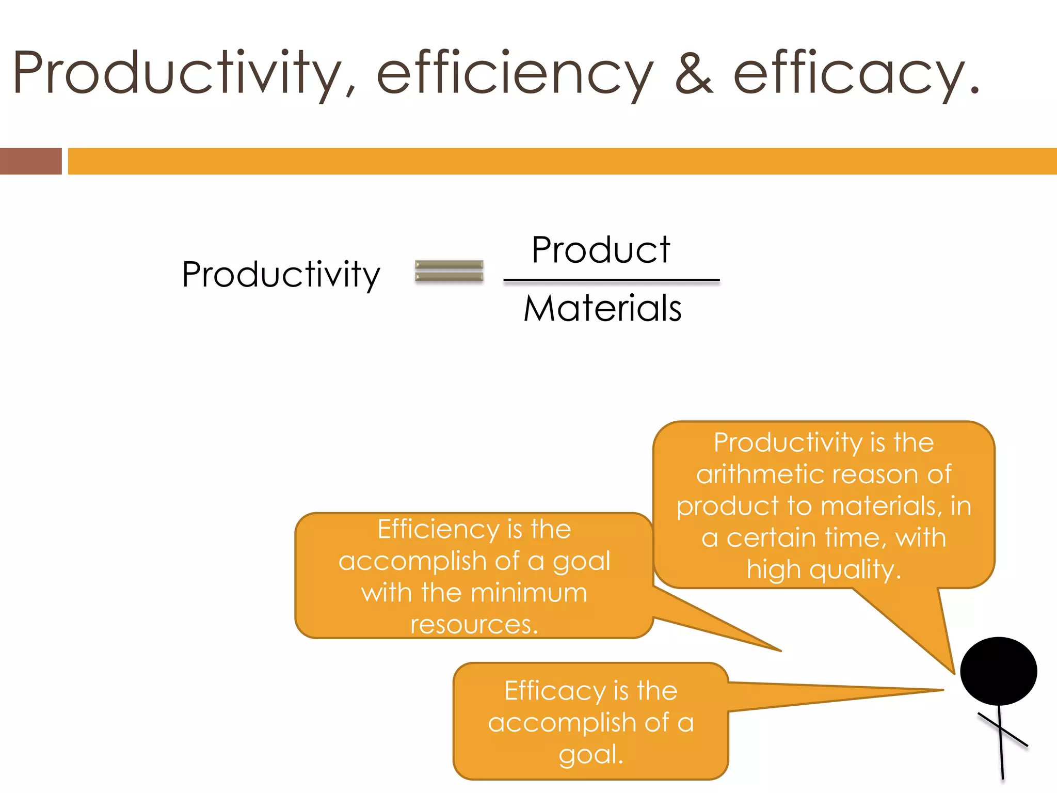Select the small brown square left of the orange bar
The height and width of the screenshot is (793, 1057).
30,161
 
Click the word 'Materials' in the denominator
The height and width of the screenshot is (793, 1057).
602,309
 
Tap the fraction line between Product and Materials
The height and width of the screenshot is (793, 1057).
612,280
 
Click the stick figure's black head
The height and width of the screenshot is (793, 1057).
998,671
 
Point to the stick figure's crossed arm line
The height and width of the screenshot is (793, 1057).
1003,730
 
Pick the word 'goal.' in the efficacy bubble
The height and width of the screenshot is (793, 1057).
591,755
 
